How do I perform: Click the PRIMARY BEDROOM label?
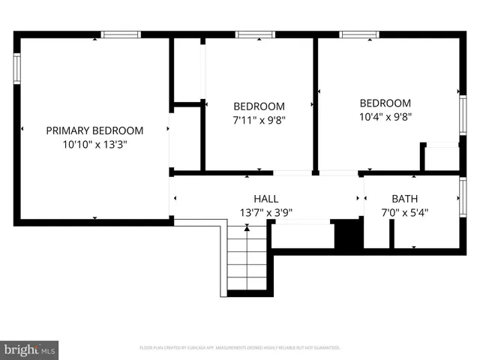click(x=94, y=130)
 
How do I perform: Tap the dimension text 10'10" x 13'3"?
click(x=94, y=144)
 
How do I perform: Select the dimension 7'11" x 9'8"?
click(x=259, y=119)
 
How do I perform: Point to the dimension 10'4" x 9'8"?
click(x=385, y=117)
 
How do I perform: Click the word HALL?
click(x=266, y=199)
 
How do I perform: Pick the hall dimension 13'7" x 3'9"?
click(x=266, y=212)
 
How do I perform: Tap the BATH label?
click(x=405, y=199)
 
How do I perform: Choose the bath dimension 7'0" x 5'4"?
click(x=405, y=212)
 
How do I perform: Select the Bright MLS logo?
click(x=30, y=349)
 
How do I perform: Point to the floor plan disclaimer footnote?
click(x=240, y=348)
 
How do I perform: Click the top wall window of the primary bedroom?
click(x=121, y=34)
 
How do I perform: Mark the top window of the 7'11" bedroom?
click(x=256, y=34)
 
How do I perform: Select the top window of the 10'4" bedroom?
click(x=359, y=34)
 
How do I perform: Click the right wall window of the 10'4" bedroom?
click(x=463, y=112)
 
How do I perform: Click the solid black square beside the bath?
click(x=348, y=234)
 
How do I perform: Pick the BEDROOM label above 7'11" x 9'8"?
click(x=259, y=106)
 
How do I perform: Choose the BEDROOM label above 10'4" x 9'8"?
click(x=385, y=103)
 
